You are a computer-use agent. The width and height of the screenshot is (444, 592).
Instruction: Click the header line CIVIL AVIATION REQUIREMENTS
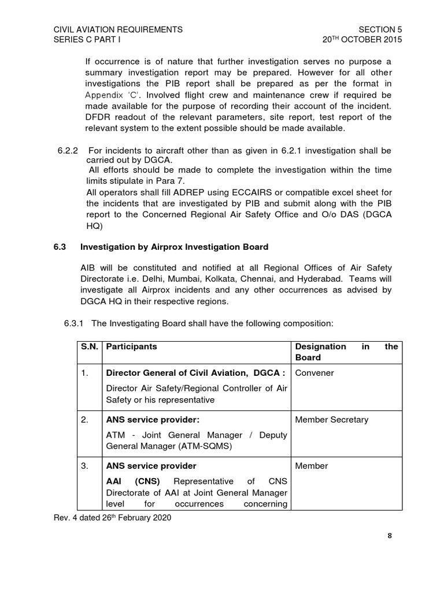(x=118, y=29)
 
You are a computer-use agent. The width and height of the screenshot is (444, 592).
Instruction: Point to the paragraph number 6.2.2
(x=69, y=151)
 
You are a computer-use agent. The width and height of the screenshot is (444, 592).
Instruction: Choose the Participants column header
(x=131, y=347)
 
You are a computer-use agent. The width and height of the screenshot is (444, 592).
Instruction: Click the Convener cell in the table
(x=314, y=373)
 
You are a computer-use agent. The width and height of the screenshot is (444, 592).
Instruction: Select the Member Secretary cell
(x=331, y=420)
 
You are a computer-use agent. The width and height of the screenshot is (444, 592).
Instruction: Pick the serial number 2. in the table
(x=85, y=420)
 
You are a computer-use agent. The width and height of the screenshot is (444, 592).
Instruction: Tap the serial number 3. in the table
(x=85, y=466)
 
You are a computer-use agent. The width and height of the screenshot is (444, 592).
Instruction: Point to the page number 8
(x=390, y=535)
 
